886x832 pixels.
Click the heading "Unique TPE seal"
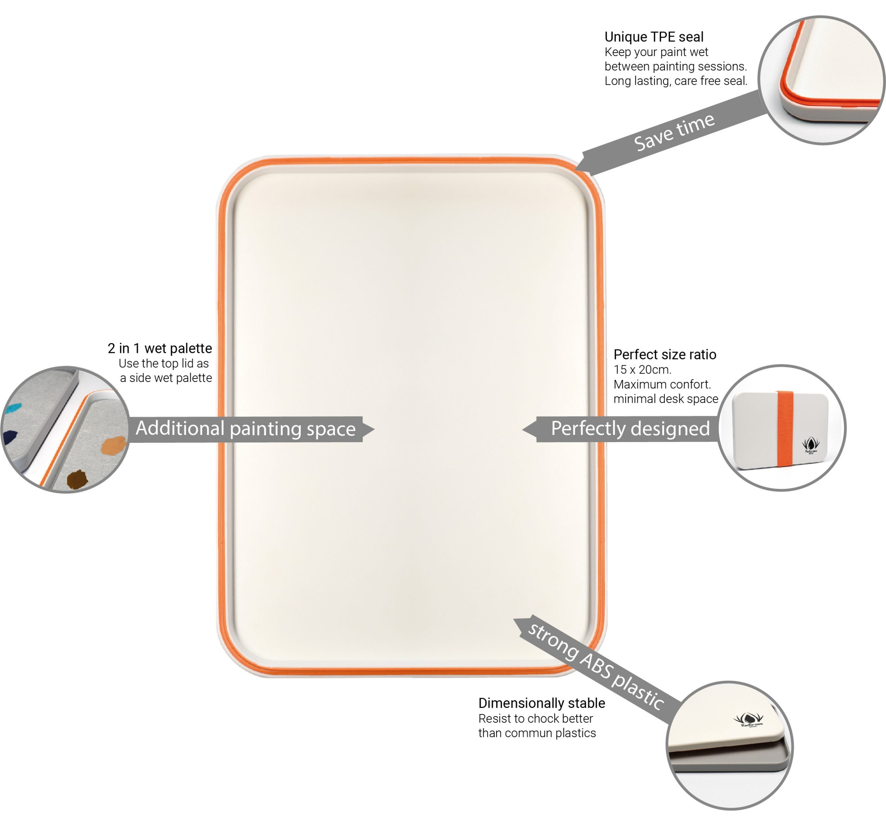pyautogui.click(x=654, y=37)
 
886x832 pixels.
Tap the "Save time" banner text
pyautogui.click(x=673, y=132)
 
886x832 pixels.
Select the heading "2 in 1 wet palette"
pyautogui.click(x=160, y=348)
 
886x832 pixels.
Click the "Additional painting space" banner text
pyautogui.click(x=246, y=429)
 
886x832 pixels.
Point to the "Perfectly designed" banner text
pyautogui.click(x=630, y=429)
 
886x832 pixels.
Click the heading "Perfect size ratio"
pyautogui.click(x=664, y=354)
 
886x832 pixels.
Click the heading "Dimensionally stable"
pyautogui.click(x=542, y=703)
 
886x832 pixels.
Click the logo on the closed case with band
pyautogui.click(x=811, y=445)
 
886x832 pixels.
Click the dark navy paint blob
pyautogui.click(x=9, y=437)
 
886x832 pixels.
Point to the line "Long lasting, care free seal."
pyautogui.click(x=676, y=81)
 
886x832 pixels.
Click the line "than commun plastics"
pyautogui.click(x=536, y=733)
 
